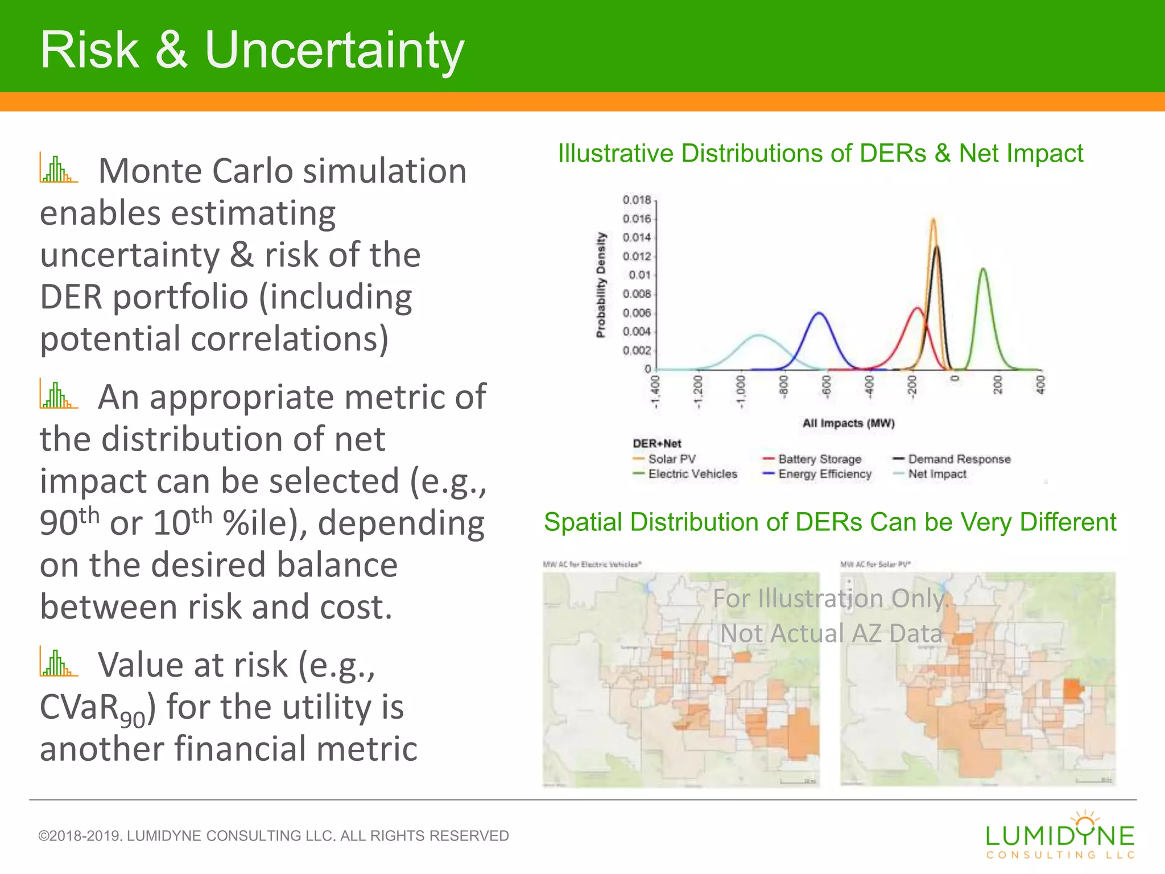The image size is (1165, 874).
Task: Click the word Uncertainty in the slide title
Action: pyautogui.click(x=334, y=51)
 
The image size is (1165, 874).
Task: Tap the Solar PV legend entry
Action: pyautogui.click(x=671, y=459)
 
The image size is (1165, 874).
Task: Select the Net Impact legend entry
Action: pyautogui.click(x=936, y=474)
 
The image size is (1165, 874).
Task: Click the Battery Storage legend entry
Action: pyautogui.click(x=819, y=459)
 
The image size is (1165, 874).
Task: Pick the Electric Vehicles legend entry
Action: pyautogui.click(x=692, y=474)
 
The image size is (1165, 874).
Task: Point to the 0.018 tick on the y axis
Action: pyautogui.click(x=637, y=200)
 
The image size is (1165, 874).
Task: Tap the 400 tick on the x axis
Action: pyautogui.click(x=1040, y=384)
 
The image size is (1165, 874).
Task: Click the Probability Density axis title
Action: pyautogui.click(x=601, y=285)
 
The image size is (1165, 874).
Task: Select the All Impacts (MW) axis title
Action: pyautogui.click(x=848, y=423)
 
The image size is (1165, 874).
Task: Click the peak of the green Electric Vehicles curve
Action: pyautogui.click(x=983, y=269)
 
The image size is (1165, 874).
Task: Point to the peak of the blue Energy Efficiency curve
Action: pyautogui.click(x=820, y=312)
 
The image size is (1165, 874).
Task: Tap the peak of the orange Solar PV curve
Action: pyautogui.click(x=933, y=219)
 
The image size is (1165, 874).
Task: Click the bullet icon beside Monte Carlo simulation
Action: pyautogui.click(x=59, y=168)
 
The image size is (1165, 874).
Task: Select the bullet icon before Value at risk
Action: pyautogui.click(x=59, y=662)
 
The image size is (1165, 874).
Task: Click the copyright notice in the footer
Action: pyautogui.click(x=273, y=836)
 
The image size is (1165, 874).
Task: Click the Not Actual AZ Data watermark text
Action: pyautogui.click(x=831, y=633)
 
